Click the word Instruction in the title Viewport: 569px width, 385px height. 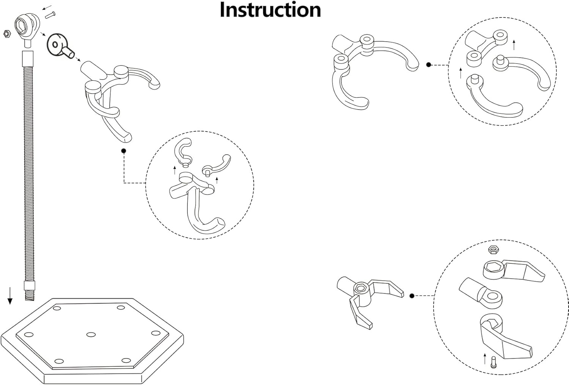click(270, 10)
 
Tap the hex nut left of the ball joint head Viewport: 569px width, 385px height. click(6, 34)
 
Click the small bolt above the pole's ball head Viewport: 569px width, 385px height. click(50, 15)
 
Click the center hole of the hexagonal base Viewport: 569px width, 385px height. click(91, 334)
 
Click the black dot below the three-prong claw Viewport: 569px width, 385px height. click(123, 151)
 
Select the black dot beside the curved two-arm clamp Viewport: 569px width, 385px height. click(429, 65)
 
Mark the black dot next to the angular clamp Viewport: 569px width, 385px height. click(412, 296)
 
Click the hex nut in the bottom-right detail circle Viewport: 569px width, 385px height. click(493, 250)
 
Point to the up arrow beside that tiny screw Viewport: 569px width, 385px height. click(484, 358)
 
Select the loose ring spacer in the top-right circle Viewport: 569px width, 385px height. click(473, 58)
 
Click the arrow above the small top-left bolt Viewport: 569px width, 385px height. click(47, 7)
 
